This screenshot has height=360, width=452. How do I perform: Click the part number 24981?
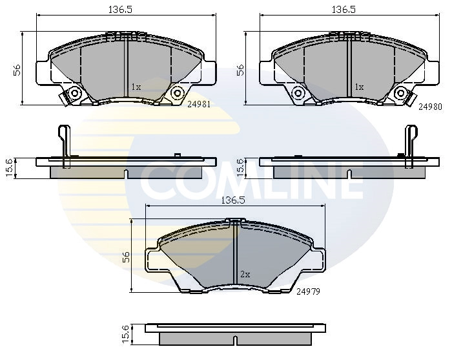point(198,103)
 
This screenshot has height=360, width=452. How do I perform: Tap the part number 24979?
point(308,291)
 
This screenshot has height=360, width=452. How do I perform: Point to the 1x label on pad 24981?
point(136,87)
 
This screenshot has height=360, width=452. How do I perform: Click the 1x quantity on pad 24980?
point(359,87)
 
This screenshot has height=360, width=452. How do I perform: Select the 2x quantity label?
point(245,274)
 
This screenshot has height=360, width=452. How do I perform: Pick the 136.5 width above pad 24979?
point(234,200)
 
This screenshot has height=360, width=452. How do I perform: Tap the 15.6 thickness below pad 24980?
point(240,167)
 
